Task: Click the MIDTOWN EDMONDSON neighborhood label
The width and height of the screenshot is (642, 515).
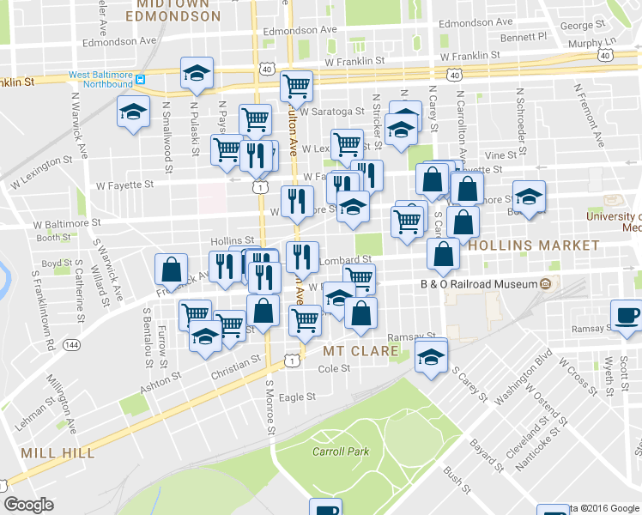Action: pos(178,10)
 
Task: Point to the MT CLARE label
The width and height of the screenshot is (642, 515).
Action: pos(360,351)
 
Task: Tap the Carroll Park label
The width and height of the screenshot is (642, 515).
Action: pos(340,451)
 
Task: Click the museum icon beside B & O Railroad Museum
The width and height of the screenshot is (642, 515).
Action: pos(545,284)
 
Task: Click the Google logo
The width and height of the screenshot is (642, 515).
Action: pos(28,505)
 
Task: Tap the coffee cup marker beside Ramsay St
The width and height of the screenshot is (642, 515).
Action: pos(626,314)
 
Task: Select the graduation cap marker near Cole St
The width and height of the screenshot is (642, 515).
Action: pos(431,357)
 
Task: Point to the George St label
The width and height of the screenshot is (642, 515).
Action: pos(576,26)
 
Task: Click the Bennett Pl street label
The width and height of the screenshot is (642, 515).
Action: pos(524,38)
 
